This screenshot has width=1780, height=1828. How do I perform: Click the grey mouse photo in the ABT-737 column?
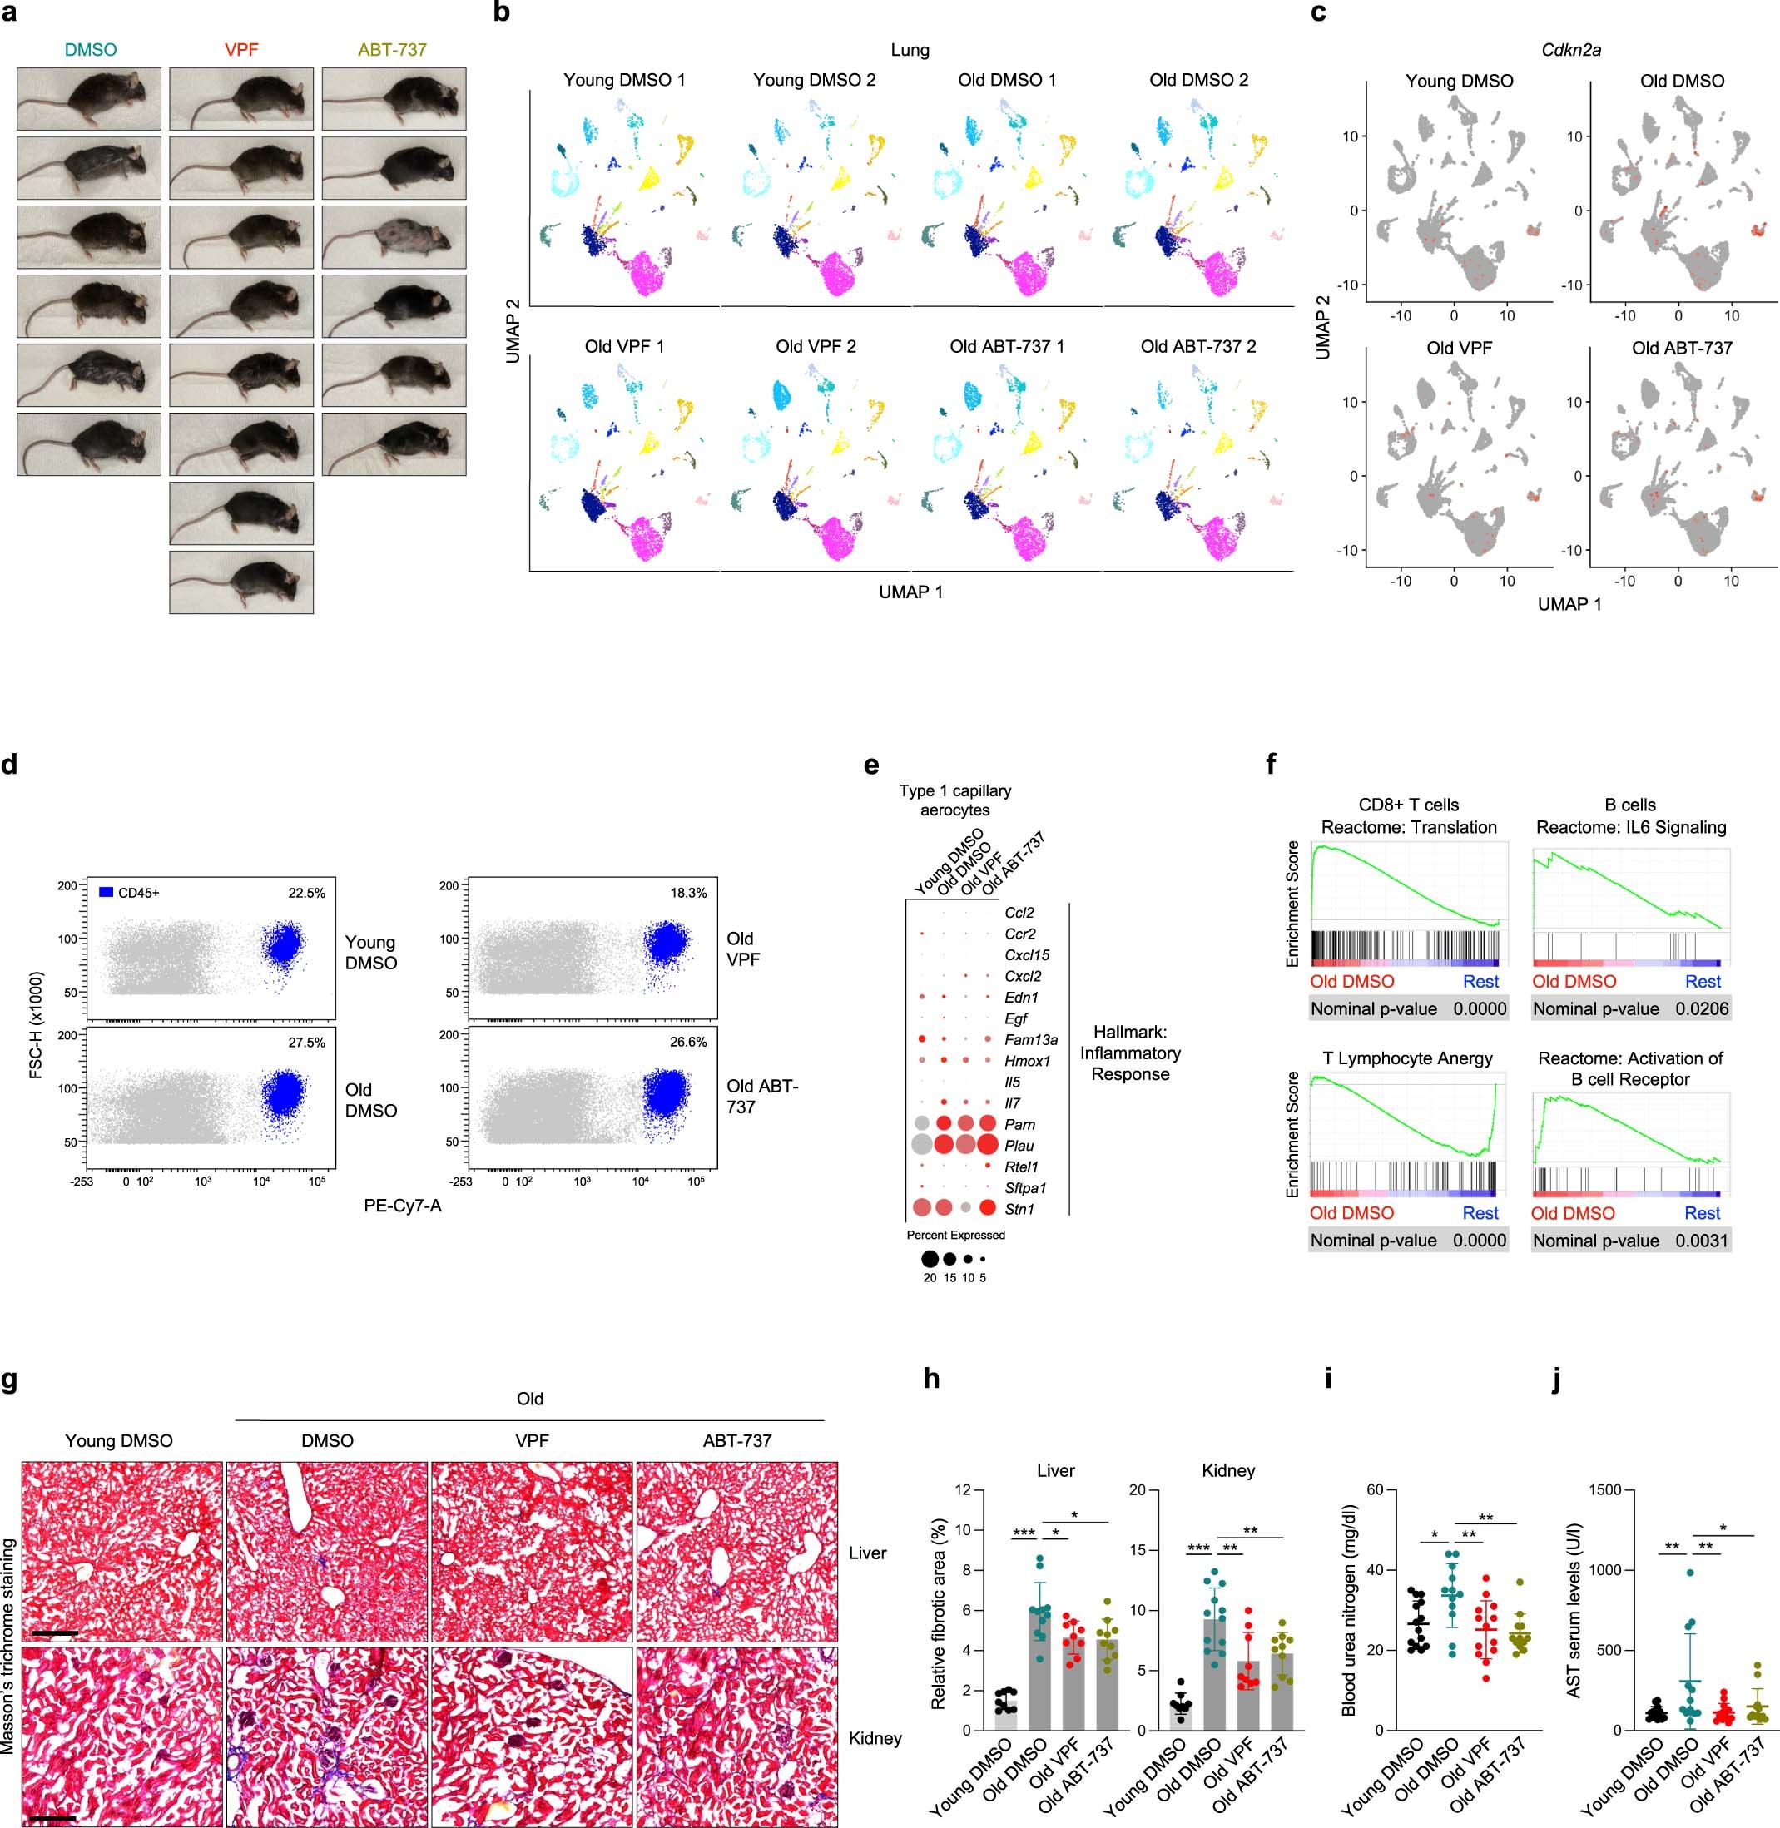pyautogui.click(x=394, y=236)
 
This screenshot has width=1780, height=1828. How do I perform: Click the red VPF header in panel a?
pyautogui.click(x=241, y=50)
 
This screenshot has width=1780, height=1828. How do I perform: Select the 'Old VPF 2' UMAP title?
pyautogui.click(x=816, y=347)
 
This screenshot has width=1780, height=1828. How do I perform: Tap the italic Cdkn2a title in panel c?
pyautogui.click(x=1570, y=50)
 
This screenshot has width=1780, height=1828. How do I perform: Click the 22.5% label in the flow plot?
pyautogui.click(x=306, y=893)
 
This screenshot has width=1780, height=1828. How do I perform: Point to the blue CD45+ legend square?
pyautogui.click(x=106, y=893)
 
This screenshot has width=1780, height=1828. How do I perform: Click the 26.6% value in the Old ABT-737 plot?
pyautogui.click(x=688, y=1041)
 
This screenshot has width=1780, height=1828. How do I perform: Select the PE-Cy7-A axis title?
pyautogui.click(x=402, y=1206)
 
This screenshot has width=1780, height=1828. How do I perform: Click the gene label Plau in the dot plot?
pyautogui.click(x=1019, y=1145)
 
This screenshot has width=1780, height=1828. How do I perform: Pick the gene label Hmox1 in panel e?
pyautogui.click(x=1028, y=1061)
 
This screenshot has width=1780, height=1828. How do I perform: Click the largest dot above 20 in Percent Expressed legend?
pyautogui.click(x=930, y=1259)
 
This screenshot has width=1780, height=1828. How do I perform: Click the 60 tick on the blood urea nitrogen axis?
pyautogui.click(x=1374, y=1489)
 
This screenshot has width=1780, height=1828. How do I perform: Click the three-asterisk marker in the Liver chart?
pyautogui.click(x=1024, y=1533)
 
